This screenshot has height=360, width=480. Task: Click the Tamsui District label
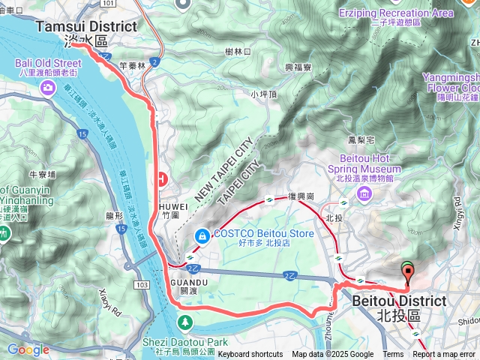87,27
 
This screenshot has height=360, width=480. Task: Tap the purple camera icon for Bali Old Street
49,88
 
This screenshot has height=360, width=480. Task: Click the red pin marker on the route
407,273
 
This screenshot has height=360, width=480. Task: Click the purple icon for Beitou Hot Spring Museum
364,194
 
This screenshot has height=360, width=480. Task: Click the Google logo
28,349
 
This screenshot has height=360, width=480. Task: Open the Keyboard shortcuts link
250,355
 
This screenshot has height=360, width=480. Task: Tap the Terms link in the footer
393,355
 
